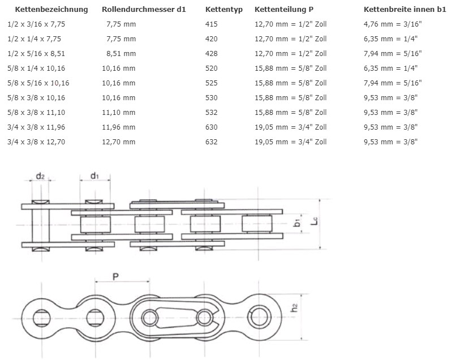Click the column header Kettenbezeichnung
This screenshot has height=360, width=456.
(51, 10)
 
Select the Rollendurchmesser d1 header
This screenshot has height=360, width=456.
(144, 10)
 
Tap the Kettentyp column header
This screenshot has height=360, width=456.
(223, 10)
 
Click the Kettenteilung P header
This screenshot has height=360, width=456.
(284, 10)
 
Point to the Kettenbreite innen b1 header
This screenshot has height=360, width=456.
(405, 10)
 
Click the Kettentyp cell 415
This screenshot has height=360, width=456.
(211, 24)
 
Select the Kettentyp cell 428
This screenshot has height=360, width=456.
(211, 54)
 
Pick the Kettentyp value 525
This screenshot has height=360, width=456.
(211, 83)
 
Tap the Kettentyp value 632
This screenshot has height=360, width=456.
(211, 142)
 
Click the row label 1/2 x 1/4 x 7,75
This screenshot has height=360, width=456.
(34, 39)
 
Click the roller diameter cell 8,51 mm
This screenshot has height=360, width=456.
(122, 54)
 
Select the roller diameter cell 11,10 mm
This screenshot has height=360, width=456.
(119, 113)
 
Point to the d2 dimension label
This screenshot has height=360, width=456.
(40, 176)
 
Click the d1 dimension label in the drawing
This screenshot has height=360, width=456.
(94, 176)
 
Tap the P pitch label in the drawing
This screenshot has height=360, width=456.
(115, 277)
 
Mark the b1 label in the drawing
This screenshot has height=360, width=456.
(298, 224)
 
